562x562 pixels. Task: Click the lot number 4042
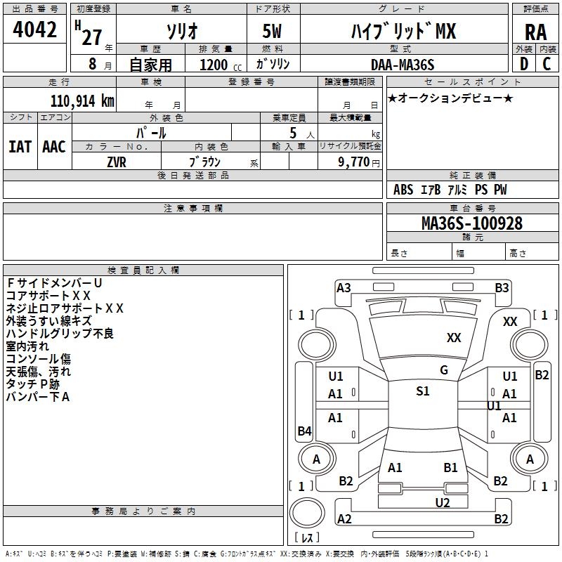(34, 32)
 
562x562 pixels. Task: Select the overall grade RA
(535, 32)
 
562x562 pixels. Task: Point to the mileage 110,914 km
(82, 100)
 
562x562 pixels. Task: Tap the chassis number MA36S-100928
(471, 223)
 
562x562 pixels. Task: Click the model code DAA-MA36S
(403, 65)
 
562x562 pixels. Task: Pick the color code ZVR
(117, 162)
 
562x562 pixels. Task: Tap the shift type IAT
(20, 146)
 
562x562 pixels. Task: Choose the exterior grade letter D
(523, 64)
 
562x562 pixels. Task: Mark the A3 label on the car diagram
(344, 287)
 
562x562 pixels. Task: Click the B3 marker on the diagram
(502, 287)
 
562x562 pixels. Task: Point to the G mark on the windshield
(444, 370)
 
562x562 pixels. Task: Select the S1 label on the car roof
(422, 391)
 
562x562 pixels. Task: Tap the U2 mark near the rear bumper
(442, 502)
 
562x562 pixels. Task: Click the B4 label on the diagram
(304, 431)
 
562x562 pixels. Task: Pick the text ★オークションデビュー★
(450, 98)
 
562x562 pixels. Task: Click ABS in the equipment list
(403, 190)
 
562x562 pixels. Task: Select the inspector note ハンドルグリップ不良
(60, 334)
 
